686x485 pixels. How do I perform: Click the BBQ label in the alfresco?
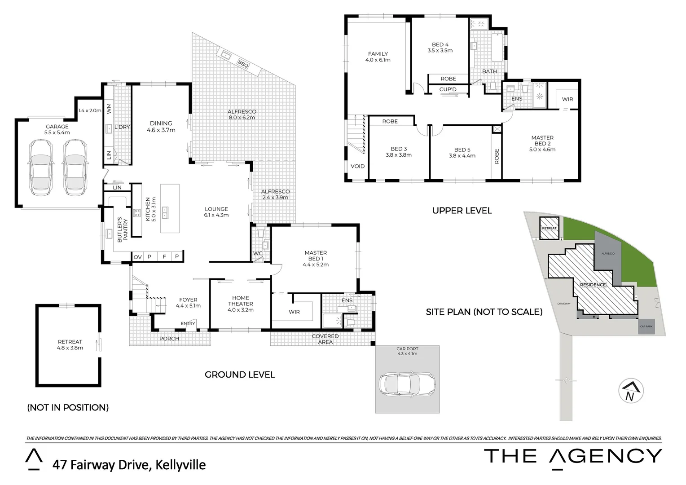[243, 63]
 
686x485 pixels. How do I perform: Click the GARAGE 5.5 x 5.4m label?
[57, 130]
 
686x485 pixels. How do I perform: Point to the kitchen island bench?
[170, 208]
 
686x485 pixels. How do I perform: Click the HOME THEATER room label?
[240, 304]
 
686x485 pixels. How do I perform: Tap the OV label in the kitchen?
[137, 257]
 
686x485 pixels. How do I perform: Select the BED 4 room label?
[440, 48]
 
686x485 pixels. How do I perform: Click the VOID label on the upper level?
[357, 166]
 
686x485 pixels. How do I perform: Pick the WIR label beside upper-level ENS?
[567, 99]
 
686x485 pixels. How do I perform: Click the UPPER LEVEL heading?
[462, 211]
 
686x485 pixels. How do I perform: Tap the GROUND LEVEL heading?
[239, 375]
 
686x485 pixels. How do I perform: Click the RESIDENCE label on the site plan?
[593, 285]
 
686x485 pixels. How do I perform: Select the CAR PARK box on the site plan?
[646, 326]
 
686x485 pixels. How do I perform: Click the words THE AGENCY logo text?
[572, 456]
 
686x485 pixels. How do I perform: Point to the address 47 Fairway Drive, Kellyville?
[129, 464]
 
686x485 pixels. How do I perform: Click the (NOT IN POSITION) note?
[68, 407]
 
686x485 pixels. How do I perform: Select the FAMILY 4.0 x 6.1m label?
[378, 57]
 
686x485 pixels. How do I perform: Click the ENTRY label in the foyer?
[188, 323]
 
